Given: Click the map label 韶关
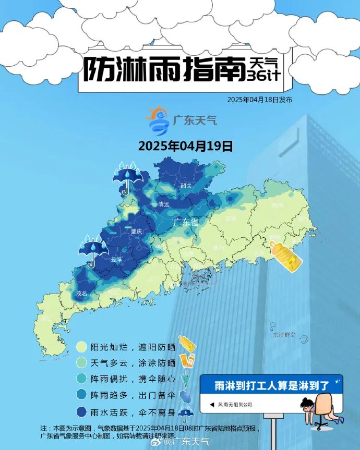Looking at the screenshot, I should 186,185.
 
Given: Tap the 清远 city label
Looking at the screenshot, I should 164,204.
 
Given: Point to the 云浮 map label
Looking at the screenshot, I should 116,259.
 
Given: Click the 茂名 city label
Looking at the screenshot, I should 81,294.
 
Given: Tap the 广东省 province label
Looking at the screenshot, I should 186,222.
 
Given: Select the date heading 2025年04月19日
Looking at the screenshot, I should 185,145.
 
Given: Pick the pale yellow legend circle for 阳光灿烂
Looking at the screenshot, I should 81,347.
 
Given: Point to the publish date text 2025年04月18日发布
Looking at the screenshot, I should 259,100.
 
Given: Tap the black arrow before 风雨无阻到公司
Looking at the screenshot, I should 212,404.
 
